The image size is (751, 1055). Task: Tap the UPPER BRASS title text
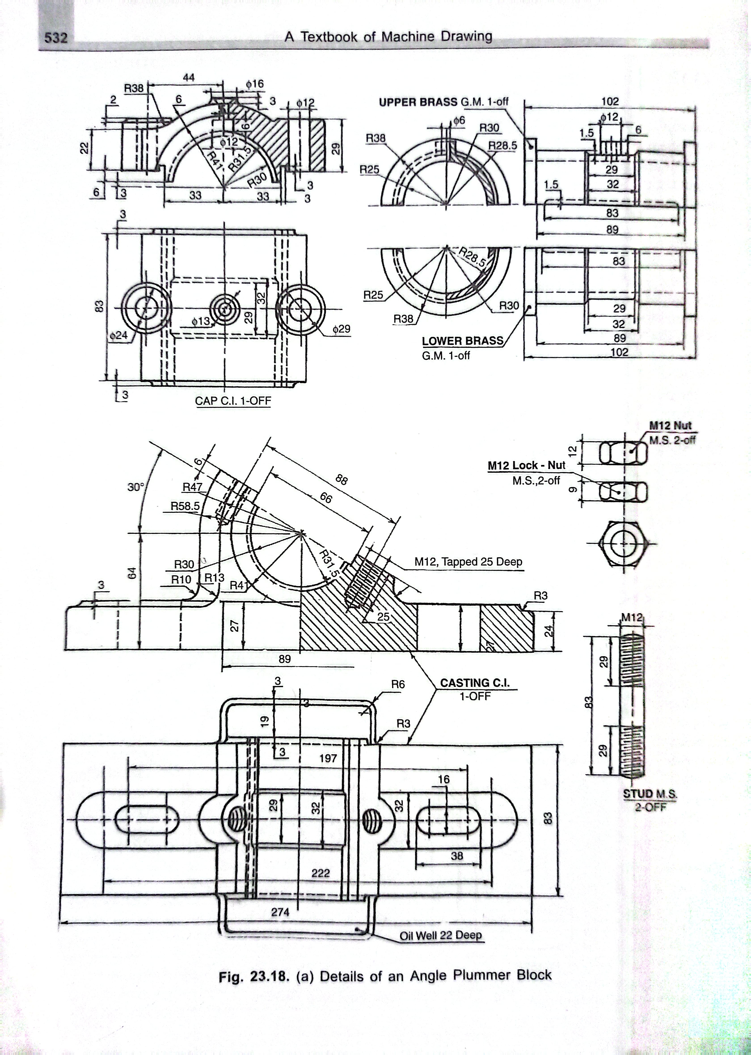tap(418, 102)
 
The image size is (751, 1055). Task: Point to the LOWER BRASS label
tap(462, 341)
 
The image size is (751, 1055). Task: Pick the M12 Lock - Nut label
tap(526, 466)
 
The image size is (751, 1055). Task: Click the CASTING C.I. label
tap(475, 683)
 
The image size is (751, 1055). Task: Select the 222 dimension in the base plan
tap(321, 873)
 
